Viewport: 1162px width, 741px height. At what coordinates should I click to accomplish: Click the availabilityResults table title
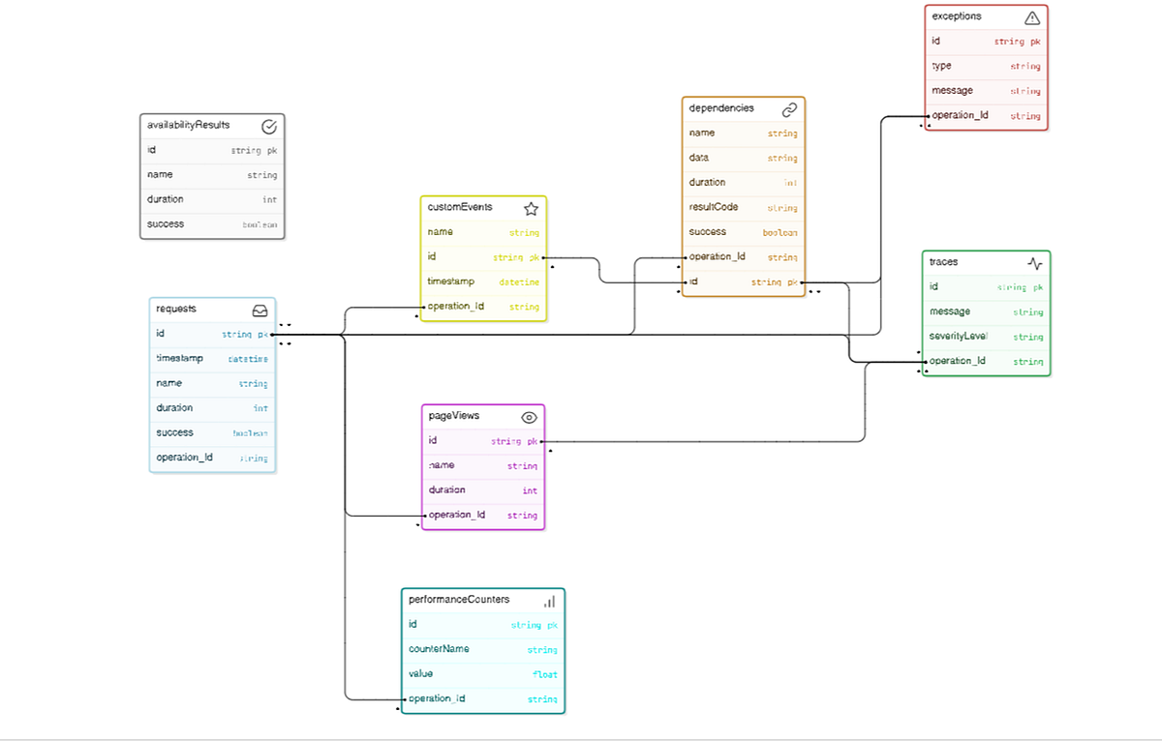coord(188,126)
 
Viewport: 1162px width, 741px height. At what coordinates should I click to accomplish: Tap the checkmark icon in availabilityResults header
coord(269,127)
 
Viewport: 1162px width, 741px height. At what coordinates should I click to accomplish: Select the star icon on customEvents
coord(531,208)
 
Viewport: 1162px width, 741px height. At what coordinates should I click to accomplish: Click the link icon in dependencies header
coord(789,109)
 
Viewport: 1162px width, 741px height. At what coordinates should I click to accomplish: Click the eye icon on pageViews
coord(529,417)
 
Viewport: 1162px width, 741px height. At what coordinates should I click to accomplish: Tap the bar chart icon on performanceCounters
coord(549,601)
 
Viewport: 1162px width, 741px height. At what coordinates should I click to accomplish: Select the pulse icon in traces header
coord(1034,263)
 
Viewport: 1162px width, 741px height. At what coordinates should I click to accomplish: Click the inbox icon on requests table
coord(260,311)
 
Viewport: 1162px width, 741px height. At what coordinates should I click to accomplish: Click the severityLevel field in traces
coord(958,336)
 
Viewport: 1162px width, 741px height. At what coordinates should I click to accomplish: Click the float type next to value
coord(544,674)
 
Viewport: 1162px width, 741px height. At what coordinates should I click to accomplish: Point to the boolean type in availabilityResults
coord(259,224)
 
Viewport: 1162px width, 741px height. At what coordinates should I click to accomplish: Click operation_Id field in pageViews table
coord(457,515)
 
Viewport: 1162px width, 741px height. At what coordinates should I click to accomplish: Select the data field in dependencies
coord(699,157)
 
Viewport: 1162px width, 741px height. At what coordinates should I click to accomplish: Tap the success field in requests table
coord(175,432)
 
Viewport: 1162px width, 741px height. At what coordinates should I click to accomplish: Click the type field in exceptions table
coord(941,66)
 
